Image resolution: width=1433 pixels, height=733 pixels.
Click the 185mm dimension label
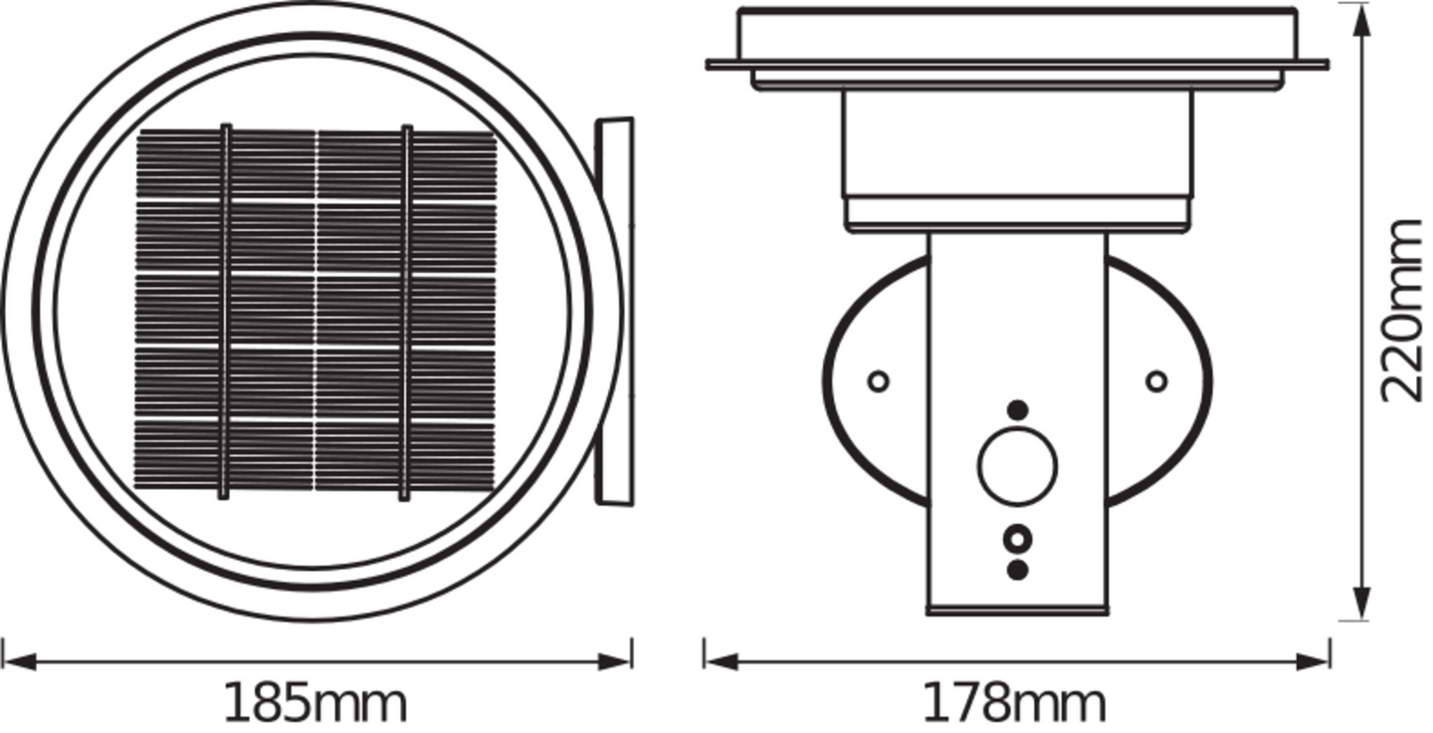pos(314,704)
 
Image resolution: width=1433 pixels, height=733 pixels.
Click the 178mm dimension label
pos(1014,704)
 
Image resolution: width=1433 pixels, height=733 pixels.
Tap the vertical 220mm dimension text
pos(1403,310)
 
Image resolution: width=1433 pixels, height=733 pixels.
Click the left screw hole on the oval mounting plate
pos(878,380)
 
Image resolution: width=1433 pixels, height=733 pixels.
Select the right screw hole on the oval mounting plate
pos(1156,380)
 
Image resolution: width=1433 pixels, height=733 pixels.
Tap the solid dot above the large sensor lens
pos(1017,409)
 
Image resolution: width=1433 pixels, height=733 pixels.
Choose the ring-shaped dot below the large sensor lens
pos(1017,539)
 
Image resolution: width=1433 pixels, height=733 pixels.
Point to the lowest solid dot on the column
pos(1017,570)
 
